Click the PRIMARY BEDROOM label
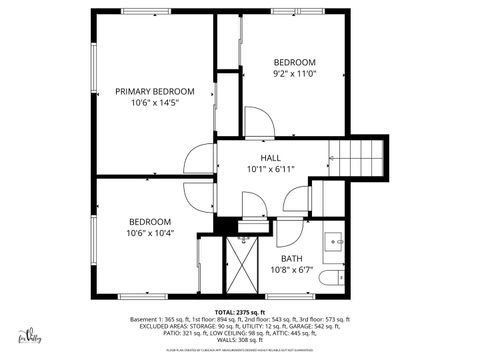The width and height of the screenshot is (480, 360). tap(153, 91)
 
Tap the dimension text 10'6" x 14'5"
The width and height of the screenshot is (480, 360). tap(153, 103)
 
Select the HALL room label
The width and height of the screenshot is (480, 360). tap(270, 157)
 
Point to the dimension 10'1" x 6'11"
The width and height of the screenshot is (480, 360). tap(270, 169)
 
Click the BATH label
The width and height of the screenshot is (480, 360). tap(291, 258)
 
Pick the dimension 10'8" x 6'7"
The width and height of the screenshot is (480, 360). tap(291, 270)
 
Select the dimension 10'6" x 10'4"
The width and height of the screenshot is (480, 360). tap(150, 233)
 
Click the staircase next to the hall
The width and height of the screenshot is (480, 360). tap(359, 157)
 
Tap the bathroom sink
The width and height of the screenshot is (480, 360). tap(334, 242)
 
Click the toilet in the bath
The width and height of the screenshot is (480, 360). tap(339, 277)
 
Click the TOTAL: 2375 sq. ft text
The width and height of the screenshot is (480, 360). tap(240, 312)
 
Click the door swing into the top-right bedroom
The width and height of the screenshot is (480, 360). tap(259, 124)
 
